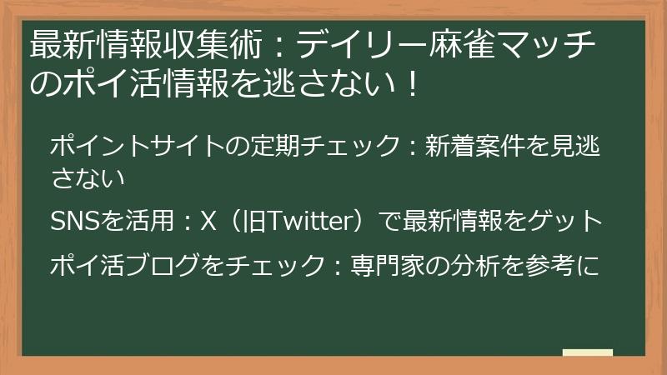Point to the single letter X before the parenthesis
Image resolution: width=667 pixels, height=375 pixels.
click(209, 222)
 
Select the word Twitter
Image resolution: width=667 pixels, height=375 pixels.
click(305, 222)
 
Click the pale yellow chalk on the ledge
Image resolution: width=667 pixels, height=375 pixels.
click(587, 353)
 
